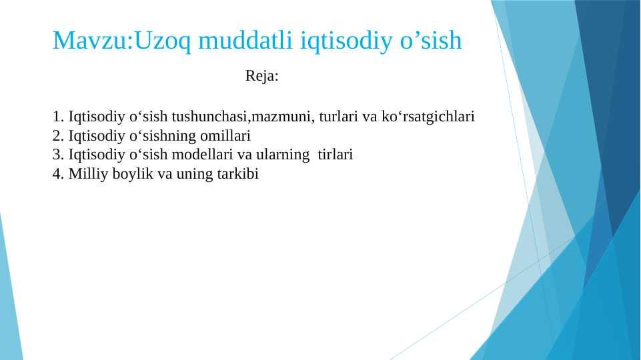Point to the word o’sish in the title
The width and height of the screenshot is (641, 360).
[431, 40]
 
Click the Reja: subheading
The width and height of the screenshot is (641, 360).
[261, 76]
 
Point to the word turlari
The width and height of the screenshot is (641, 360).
[338, 117]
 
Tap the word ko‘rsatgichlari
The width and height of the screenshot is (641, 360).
[428, 117]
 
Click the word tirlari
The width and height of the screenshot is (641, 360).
[336, 155]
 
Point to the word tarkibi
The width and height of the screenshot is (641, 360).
[238, 174]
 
